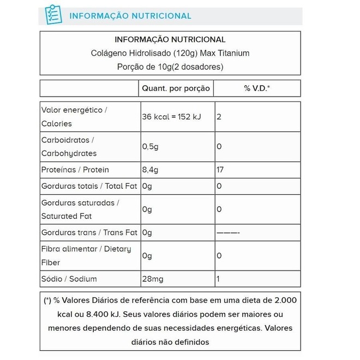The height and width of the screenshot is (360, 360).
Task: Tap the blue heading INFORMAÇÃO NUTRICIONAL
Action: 130,16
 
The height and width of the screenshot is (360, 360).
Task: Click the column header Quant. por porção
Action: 176,88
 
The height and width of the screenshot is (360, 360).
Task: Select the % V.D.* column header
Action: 257,88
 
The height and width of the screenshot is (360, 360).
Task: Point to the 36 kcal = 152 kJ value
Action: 171,117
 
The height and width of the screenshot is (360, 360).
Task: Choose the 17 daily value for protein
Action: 220,170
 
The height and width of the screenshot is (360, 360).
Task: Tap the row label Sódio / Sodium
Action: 69,279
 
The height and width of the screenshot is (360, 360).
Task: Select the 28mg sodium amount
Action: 153,279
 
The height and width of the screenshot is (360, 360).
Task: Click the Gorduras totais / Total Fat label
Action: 89,186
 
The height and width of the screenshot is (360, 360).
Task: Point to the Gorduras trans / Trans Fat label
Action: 89,232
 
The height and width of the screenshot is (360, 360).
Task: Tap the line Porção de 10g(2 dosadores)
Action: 170,67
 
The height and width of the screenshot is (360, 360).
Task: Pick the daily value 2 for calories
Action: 219,117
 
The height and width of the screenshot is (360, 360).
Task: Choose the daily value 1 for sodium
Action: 218,279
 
